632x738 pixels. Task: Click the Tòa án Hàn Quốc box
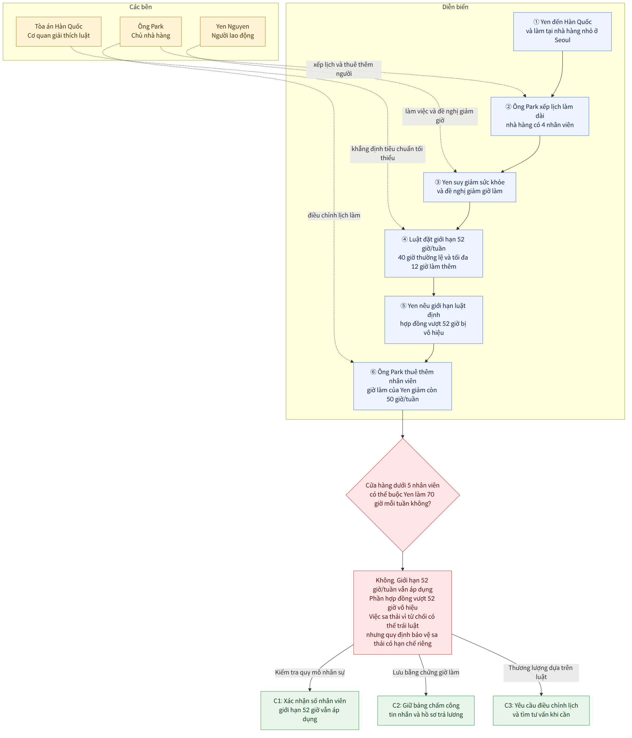58,31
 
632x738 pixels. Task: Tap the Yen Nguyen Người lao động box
233,31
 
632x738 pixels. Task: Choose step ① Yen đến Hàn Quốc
562,31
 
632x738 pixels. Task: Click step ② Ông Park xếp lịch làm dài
539,116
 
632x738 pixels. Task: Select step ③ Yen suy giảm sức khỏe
469,187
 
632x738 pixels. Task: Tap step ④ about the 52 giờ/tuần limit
433,253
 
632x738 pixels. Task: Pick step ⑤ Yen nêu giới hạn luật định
433,319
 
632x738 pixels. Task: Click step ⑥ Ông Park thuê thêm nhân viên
402,386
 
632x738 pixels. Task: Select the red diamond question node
402,495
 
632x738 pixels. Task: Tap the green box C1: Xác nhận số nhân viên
310,710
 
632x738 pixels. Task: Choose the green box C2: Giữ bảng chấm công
426,710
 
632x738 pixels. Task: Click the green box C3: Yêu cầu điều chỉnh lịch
541,710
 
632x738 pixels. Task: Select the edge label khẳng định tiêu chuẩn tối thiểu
387,153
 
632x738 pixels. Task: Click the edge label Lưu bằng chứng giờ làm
426,672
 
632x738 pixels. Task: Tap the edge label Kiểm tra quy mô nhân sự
310,672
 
